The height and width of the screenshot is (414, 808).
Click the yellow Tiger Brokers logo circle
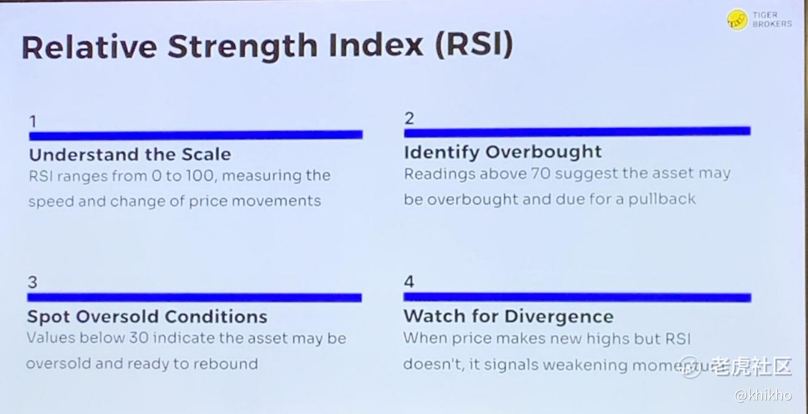(737, 20)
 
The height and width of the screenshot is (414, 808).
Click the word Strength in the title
(243, 47)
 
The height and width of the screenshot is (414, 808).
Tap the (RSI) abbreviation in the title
(474, 44)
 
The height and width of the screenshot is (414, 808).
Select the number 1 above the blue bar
(33, 122)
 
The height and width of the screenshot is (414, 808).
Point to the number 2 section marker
(409, 118)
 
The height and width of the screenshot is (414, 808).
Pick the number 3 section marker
(33, 282)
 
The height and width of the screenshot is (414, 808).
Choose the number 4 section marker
(409, 282)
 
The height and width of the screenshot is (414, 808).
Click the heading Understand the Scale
(130, 154)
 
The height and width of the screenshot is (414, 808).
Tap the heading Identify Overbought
(503, 152)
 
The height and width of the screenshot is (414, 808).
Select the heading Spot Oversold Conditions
(147, 316)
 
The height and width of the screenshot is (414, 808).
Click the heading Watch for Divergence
(508, 316)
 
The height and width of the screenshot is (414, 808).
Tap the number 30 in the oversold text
(139, 338)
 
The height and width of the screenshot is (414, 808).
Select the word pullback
(662, 199)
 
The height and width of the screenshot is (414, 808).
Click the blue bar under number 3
(194, 297)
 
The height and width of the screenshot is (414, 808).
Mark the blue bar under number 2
(577, 132)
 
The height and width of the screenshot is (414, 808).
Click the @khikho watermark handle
(764, 395)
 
